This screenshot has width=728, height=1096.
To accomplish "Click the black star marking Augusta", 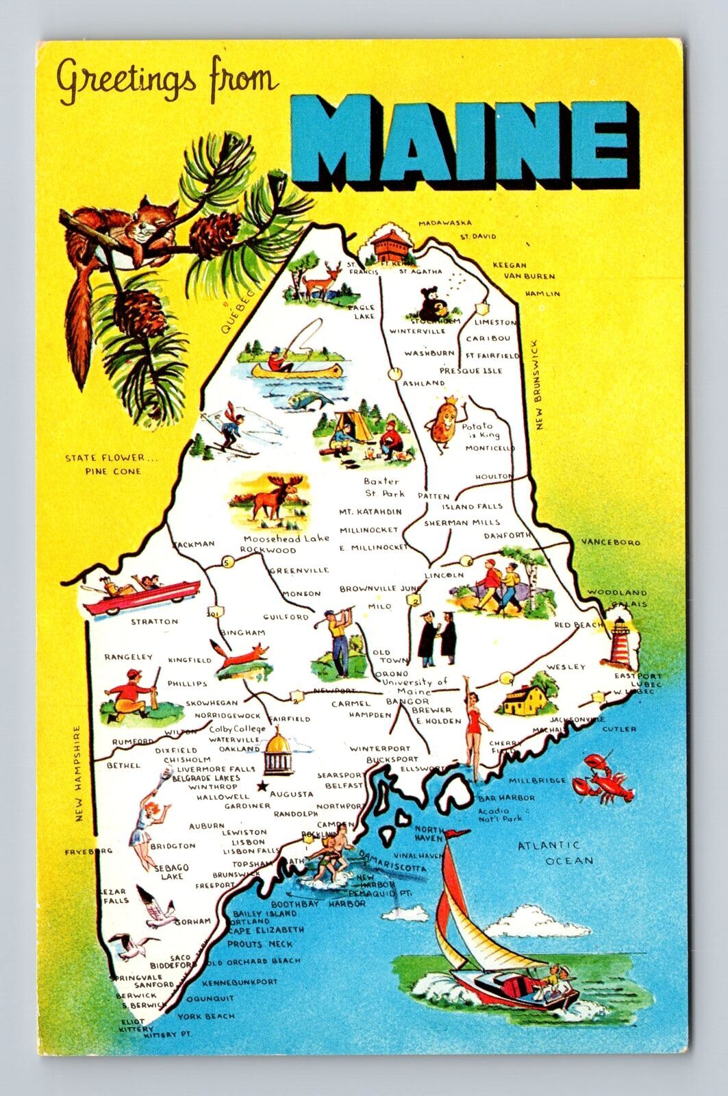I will [261, 787].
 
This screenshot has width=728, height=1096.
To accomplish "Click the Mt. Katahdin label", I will [370, 512].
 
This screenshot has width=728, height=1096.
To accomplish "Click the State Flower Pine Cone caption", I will [103, 464].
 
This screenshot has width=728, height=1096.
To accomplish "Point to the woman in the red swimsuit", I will [473, 726].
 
